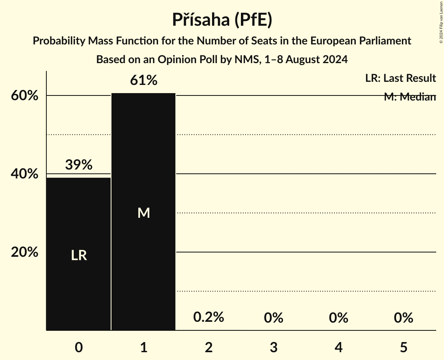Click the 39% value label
[79, 165]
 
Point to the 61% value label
[143, 81]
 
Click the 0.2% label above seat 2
[209, 317]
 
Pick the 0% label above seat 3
[273, 318]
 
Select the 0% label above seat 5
[403, 318]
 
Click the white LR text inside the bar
[79, 256]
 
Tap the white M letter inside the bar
[143, 213]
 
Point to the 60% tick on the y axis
[25, 96]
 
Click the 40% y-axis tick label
[25, 174]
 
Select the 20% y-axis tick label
[25, 252]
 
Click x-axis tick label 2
[209, 347]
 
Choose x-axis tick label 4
[338, 347]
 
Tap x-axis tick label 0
[79, 347]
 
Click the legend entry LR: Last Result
[400, 78]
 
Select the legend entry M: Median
[409, 97]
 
